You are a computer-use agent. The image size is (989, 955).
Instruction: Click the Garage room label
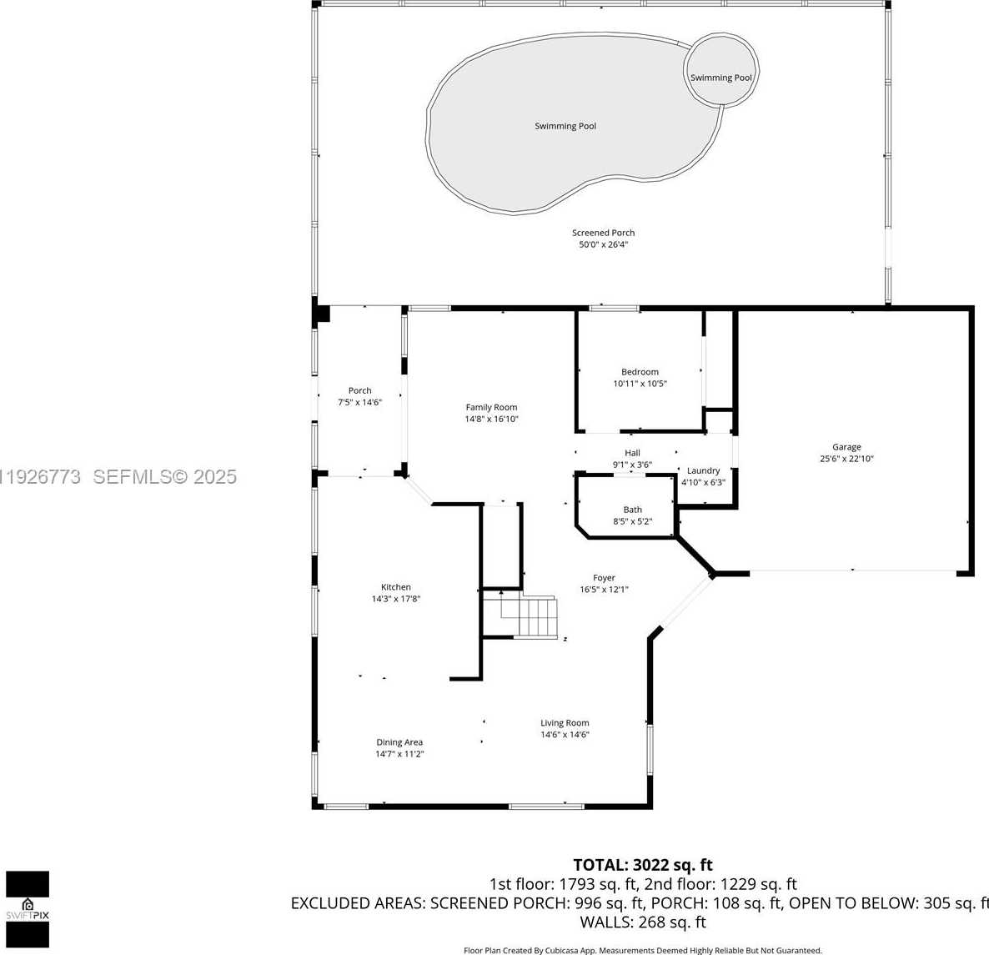tap(846, 447)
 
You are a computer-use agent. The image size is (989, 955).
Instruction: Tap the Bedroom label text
tap(640, 372)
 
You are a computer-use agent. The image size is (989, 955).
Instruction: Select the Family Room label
tap(491, 408)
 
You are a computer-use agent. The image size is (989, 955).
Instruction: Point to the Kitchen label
tap(396, 587)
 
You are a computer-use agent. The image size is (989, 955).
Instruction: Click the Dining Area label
tap(399, 742)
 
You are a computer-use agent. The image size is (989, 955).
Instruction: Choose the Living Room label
tap(565, 723)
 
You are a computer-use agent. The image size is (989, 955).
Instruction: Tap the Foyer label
tap(604, 578)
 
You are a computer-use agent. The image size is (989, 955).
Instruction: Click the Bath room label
tap(632, 510)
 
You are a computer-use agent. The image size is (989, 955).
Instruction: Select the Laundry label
tap(703, 471)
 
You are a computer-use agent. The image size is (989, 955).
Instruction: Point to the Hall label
tap(632, 454)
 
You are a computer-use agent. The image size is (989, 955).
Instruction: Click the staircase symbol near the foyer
tap(534, 617)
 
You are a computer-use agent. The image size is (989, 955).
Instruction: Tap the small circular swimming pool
tap(720, 70)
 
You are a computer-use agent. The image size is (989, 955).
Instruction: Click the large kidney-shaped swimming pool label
tap(565, 126)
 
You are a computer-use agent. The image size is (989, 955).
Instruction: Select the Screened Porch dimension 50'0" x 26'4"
tap(603, 245)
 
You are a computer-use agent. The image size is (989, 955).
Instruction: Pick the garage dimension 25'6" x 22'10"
tap(846, 459)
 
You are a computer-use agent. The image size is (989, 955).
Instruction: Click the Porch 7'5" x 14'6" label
tap(359, 396)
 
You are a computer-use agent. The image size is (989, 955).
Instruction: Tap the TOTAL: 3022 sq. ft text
tap(642, 865)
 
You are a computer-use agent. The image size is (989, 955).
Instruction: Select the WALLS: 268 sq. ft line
tap(642, 922)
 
